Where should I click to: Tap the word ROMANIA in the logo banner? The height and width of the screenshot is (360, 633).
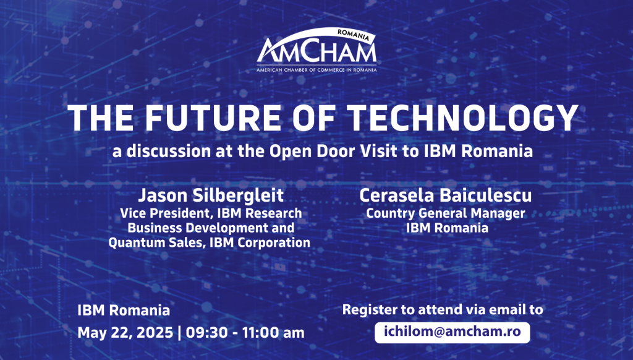(353, 35)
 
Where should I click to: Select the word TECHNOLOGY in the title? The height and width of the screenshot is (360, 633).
(463, 118)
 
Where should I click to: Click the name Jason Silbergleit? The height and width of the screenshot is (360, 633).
(211, 195)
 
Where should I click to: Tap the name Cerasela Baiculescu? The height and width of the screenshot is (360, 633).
(445, 195)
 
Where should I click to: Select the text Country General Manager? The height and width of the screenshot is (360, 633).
(445, 213)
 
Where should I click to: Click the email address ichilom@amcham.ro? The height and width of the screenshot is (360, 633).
(452, 332)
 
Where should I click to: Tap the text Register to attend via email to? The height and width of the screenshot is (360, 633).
(443, 309)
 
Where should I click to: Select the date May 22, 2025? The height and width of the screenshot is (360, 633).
(125, 333)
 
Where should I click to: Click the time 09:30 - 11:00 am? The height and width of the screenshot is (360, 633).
(245, 333)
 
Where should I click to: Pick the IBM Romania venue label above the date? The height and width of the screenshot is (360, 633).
(124, 311)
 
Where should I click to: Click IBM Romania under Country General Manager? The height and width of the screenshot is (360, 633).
(447, 228)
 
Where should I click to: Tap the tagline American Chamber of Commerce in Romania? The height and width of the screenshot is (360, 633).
(316, 70)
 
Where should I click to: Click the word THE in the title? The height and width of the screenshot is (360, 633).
(101, 118)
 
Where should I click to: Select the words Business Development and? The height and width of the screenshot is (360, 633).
(211, 228)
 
